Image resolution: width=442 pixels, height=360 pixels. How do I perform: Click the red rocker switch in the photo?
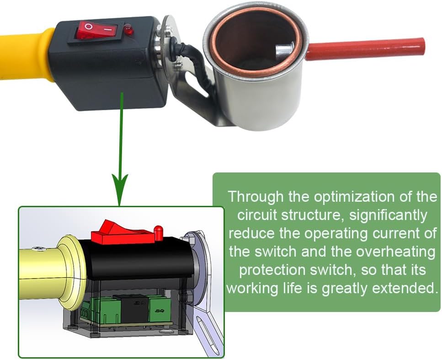coord(96,29)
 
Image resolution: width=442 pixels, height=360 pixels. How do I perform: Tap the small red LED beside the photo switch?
coord(128,30)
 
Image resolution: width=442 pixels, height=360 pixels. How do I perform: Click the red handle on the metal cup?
coord(366,49)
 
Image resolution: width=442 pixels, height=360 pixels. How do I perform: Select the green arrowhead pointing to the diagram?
coord(120,189)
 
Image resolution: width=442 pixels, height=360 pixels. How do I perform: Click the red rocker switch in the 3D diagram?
coord(122,233)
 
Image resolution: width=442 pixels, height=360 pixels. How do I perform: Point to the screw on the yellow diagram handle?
coord(38,248)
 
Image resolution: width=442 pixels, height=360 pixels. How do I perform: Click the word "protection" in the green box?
coord(272,270)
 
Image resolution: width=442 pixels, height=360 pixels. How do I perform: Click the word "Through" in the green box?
coord(256,197)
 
